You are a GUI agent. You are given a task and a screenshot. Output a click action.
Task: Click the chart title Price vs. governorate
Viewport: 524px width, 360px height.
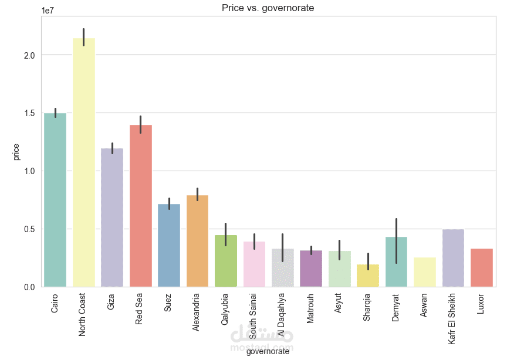click(268, 8)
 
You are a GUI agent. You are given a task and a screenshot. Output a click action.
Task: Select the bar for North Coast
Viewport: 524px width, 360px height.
click(84, 164)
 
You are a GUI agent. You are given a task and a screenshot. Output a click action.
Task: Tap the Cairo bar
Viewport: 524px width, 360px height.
click(55, 199)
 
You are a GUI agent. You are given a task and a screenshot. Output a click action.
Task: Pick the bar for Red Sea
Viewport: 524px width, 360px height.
click(141, 205)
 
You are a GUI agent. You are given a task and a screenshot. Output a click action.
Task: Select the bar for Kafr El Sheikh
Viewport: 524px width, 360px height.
click(453, 258)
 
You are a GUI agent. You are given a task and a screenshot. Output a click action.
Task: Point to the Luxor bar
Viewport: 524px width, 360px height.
click(482, 267)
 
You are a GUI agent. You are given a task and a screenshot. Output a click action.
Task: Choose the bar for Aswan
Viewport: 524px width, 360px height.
click(425, 272)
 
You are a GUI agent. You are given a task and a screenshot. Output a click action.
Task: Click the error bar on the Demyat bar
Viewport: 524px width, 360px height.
click(397, 240)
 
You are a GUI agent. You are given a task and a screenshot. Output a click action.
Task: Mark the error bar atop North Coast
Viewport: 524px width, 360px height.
click(84, 36)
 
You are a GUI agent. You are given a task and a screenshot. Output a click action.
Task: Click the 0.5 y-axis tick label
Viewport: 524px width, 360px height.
click(29, 229)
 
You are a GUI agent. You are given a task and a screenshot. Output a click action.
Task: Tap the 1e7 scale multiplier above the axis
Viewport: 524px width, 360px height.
click(49, 11)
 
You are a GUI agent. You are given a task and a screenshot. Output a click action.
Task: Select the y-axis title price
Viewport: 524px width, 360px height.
click(16, 151)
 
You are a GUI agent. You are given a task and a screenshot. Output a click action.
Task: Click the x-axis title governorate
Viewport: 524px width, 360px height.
click(268, 352)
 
